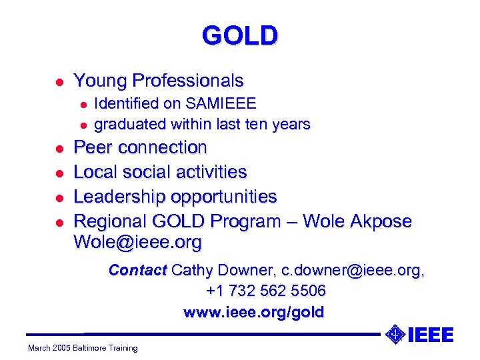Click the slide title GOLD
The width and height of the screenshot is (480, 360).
240,35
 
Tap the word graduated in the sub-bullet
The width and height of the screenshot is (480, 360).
131,124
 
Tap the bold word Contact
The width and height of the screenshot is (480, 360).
137,270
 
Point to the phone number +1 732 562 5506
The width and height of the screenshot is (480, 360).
266,291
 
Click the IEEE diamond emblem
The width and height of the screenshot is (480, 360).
395,333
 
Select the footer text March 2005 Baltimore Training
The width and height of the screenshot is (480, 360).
83,348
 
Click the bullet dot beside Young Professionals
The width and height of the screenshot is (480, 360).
59,82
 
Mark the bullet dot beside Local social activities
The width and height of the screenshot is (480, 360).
59,173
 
